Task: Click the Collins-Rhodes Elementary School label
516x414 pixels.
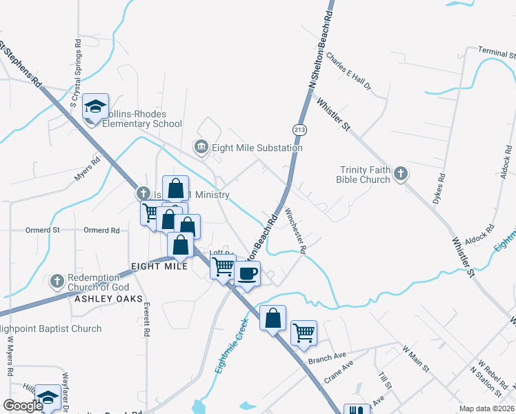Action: pyautogui.click(x=142, y=119)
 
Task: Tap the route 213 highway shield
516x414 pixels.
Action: pyautogui.click(x=299, y=129)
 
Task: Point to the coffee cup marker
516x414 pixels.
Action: pyautogui.click(x=247, y=273)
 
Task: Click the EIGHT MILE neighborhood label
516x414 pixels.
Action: pyautogui.click(x=159, y=266)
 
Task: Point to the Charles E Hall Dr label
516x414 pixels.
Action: pyautogui.click(x=349, y=72)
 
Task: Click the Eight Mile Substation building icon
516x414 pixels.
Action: pyautogui.click(x=201, y=148)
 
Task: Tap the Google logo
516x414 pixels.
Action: pyautogui.click(x=23, y=406)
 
